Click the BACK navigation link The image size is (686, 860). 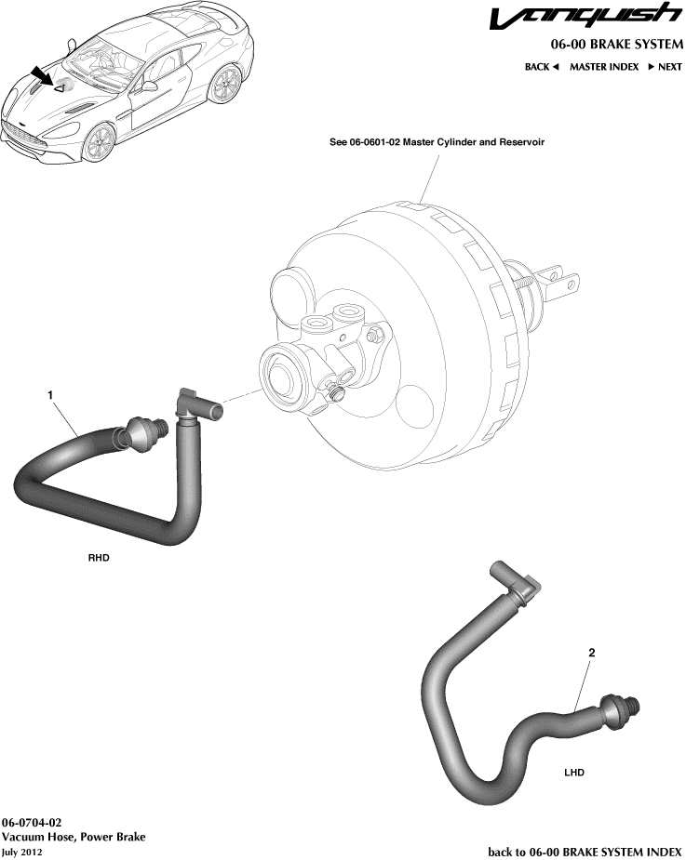[541, 67]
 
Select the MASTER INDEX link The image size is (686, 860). [604, 67]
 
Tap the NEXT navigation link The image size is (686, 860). [665, 67]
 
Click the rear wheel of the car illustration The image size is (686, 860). [223, 86]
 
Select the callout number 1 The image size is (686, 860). [50, 395]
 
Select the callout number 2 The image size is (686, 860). [591, 653]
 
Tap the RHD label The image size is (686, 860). [99, 559]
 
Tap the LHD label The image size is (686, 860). [575, 772]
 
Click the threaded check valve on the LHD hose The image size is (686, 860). [616, 711]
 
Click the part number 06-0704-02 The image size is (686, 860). [33, 823]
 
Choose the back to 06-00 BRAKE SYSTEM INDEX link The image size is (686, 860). [585, 851]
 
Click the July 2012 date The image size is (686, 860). [22, 851]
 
